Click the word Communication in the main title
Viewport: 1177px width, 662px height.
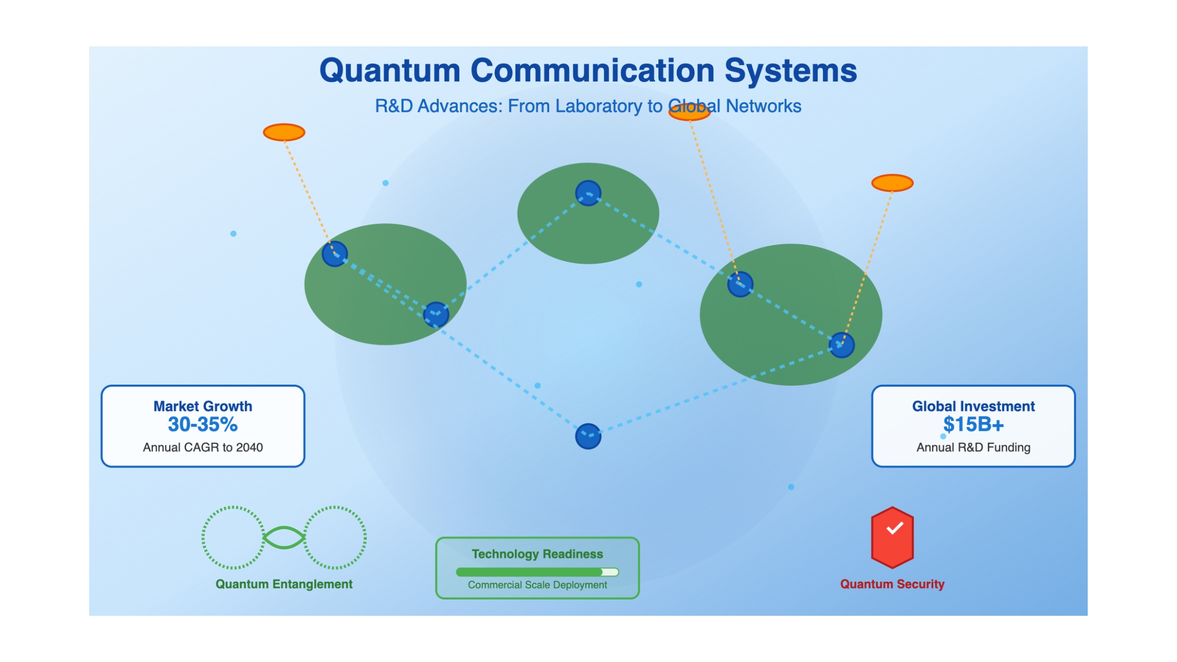592,70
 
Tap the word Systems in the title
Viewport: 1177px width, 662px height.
791,71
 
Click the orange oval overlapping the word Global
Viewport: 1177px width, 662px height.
689,112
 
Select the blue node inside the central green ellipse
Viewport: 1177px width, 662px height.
588,193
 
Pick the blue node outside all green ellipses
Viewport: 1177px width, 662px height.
588,436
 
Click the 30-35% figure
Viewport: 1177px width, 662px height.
203,425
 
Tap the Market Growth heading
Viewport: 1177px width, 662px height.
203,406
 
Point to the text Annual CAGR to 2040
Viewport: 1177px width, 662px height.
203,447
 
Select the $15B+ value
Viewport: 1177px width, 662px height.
973,425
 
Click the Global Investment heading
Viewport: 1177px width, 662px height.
973,406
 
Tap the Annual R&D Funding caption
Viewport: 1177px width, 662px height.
973,447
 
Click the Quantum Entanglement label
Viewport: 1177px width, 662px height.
284,584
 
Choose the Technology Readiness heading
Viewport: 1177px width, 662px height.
537,554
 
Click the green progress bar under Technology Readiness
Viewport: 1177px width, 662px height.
529,572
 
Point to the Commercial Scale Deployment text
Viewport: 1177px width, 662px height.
537,585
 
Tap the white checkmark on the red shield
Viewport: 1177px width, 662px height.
894,528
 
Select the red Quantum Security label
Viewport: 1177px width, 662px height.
892,584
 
